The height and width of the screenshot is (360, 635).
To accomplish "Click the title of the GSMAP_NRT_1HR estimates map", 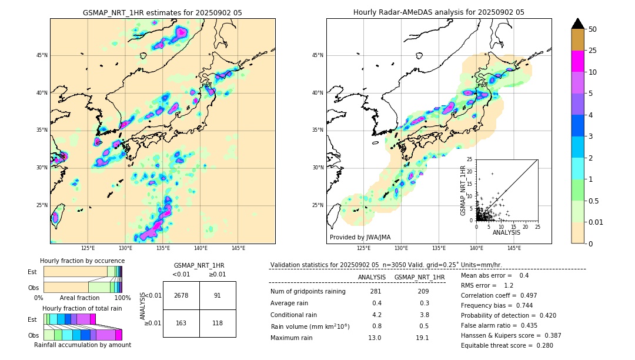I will point(162,12).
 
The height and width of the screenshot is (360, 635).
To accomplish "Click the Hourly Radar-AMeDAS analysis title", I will point(439,12).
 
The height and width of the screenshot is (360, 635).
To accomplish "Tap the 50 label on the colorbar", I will point(593,29).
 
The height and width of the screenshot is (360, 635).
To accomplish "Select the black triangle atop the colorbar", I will point(578,24).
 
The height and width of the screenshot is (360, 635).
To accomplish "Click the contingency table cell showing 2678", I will point(181,295).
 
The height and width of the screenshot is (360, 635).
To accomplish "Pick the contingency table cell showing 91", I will point(218,295).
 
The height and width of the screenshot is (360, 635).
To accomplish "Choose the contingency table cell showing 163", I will point(181,323).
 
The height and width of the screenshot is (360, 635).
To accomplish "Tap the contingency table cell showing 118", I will point(218,323).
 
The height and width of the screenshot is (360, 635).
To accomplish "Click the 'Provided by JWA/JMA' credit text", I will point(360,238).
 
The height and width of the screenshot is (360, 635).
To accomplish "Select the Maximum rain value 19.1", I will point(423,338).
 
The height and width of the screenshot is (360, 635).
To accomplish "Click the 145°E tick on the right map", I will point(514,248).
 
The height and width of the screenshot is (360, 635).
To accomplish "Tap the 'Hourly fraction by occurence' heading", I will point(82,261).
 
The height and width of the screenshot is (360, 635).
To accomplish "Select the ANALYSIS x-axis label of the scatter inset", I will point(506,232).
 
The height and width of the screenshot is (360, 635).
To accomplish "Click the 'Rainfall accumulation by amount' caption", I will point(82,345).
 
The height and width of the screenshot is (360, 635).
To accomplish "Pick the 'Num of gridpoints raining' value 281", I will point(376,291).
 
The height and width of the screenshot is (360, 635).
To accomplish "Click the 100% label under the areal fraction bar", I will point(122,298).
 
